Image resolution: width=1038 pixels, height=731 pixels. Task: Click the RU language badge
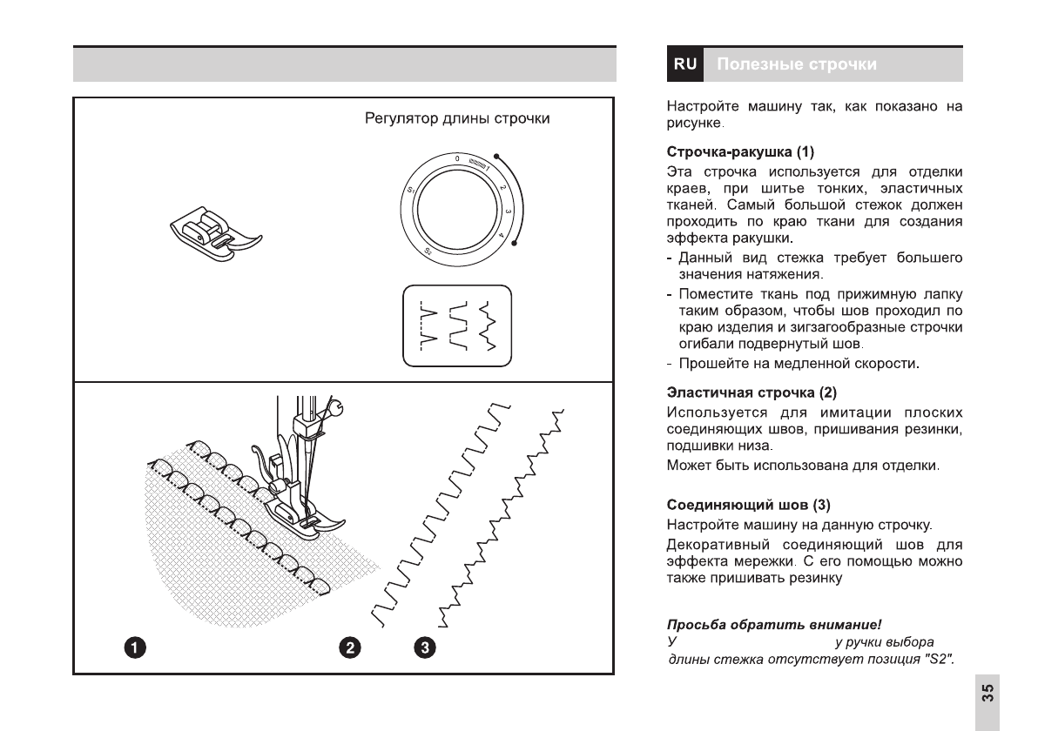(x=685, y=64)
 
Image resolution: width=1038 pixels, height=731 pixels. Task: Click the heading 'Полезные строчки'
(x=797, y=64)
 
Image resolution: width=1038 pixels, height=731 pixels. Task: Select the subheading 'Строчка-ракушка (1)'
(x=740, y=151)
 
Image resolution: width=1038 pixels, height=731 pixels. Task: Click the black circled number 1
(x=134, y=647)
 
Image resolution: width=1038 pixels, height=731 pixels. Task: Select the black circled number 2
(x=349, y=647)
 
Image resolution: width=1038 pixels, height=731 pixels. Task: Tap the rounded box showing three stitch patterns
(x=457, y=325)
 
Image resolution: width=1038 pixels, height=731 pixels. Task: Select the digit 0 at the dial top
(x=456, y=158)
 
